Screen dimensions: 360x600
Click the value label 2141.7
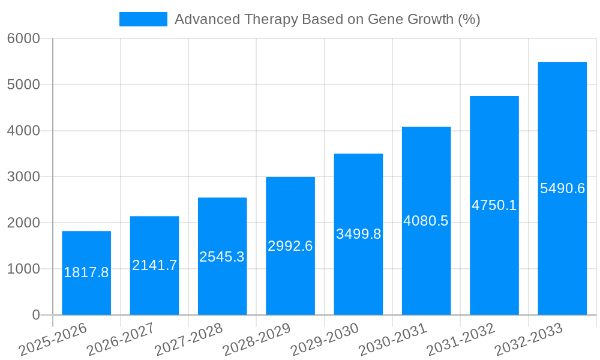click(x=154, y=265)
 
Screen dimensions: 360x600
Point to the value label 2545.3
click(x=222, y=257)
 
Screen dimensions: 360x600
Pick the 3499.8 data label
click(x=358, y=234)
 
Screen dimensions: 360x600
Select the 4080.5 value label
click(x=426, y=221)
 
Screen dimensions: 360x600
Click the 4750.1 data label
click(x=494, y=205)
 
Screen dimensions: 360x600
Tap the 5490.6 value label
click(x=562, y=188)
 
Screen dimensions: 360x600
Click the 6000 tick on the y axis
click(x=23, y=39)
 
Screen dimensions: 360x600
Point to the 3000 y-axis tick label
click(x=23, y=177)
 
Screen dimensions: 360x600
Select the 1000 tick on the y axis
click(x=23, y=269)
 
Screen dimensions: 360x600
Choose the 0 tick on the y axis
click(x=35, y=315)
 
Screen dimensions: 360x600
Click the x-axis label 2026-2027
click(x=121, y=340)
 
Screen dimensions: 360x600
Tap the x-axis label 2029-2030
click(x=325, y=340)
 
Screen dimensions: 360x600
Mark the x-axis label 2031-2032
click(x=461, y=340)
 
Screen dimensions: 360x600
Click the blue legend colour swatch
click(x=143, y=19)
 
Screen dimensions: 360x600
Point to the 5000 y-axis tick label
click(x=23, y=85)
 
